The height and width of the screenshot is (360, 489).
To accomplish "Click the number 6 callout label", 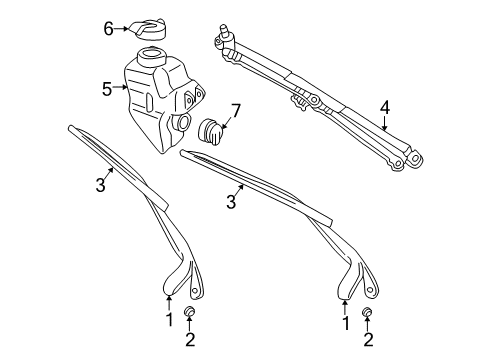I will click(x=109, y=29).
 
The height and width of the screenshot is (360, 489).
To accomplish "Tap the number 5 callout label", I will click(x=107, y=89).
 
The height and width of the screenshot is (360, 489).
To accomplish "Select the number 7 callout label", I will click(x=236, y=109).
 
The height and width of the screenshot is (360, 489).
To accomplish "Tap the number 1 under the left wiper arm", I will click(x=170, y=320).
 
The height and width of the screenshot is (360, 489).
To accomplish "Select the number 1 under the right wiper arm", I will click(x=345, y=323).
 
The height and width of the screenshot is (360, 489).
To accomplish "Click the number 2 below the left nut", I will click(x=189, y=340).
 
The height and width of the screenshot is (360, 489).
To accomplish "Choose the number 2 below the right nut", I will click(x=366, y=341).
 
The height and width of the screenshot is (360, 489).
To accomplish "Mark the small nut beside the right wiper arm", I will click(x=366, y=316).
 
